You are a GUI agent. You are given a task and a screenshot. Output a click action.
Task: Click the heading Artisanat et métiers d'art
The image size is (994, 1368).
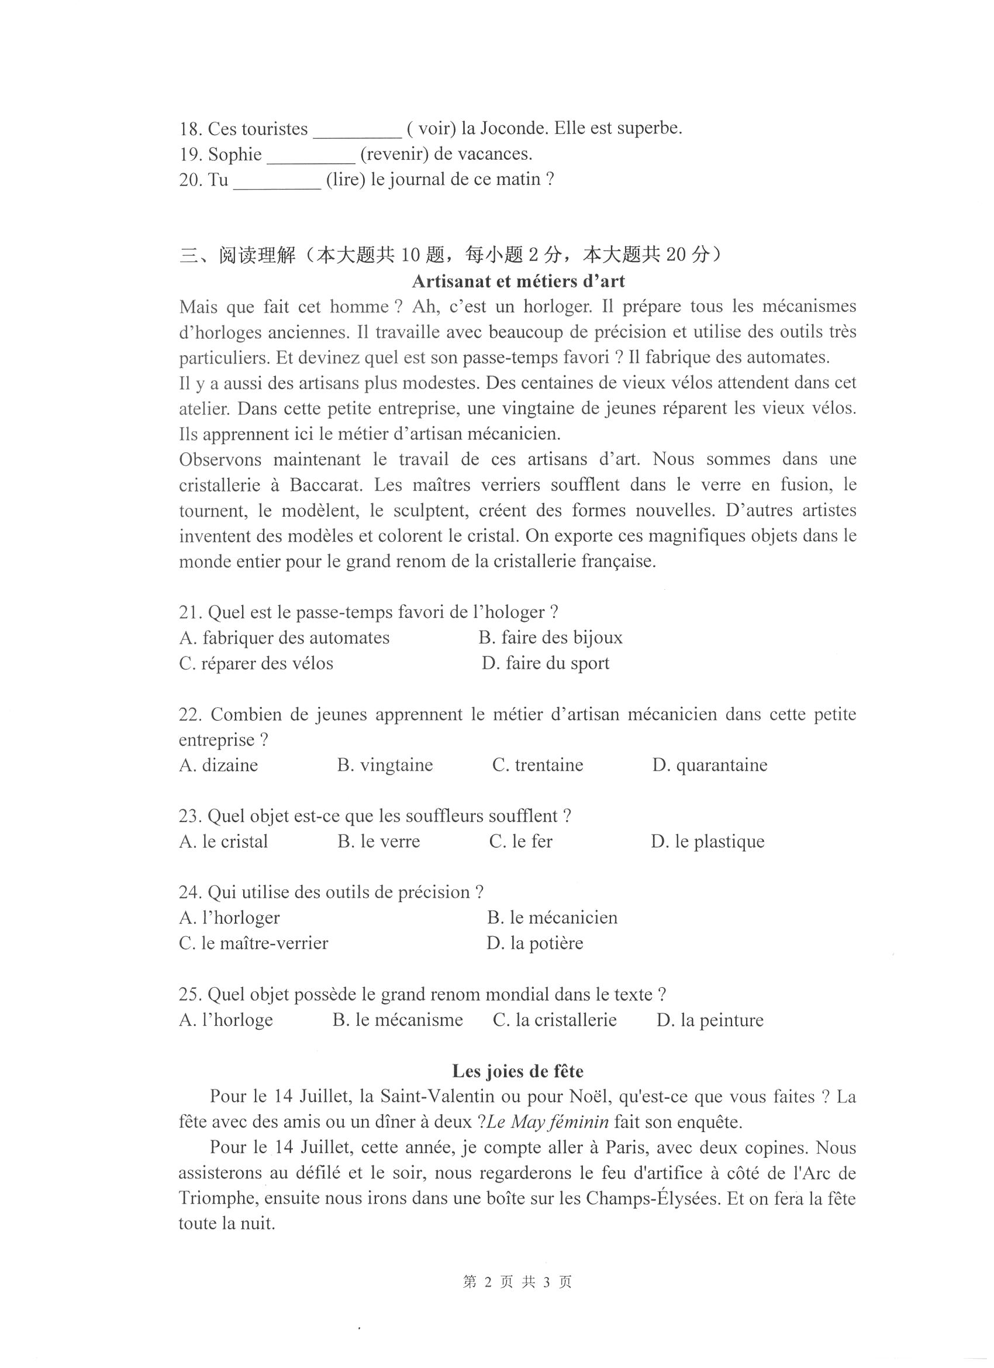click(x=518, y=281)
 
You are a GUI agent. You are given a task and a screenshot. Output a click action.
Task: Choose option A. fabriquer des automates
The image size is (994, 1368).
click(x=284, y=638)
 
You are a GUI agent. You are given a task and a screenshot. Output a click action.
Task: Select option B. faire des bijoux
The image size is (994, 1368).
click(x=550, y=638)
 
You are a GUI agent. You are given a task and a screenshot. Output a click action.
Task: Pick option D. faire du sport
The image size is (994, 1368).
click(x=546, y=664)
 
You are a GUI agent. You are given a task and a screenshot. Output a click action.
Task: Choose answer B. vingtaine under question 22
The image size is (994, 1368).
click(x=385, y=765)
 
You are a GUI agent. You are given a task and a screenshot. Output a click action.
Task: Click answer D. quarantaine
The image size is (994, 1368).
click(x=709, y=765)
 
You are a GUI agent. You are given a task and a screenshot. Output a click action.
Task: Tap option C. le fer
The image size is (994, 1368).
click(x=521, y=841)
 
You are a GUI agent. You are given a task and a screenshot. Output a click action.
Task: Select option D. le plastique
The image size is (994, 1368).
click(x=707, y=841)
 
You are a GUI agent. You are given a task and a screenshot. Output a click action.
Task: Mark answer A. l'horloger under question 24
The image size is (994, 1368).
click(x=229, y=918)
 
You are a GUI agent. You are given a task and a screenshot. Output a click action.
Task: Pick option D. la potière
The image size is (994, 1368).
click(x=534, y=943)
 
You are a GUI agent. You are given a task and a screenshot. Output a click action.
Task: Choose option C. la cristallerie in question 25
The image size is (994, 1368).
click(x=554, y=1020)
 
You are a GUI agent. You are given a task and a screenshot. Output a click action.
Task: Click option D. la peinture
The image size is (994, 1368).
click(x=709, y=1020)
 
